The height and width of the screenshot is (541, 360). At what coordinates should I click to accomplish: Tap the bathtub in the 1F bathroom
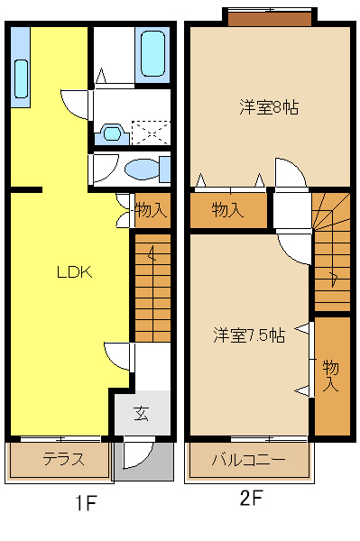[x=152, y=55]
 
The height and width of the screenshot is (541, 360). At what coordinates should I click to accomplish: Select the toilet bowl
[x=142, y=170]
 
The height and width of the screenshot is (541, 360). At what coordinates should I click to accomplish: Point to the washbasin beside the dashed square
[x=112, y=133]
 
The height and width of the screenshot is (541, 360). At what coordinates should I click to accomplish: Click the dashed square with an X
[x=150, y=133]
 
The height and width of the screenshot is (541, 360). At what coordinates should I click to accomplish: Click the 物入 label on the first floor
[x=151, y=211]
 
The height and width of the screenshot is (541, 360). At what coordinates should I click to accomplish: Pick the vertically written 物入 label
[x=331, y=374]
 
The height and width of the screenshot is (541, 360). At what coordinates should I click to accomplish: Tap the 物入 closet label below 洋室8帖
[x=227, y=210]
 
